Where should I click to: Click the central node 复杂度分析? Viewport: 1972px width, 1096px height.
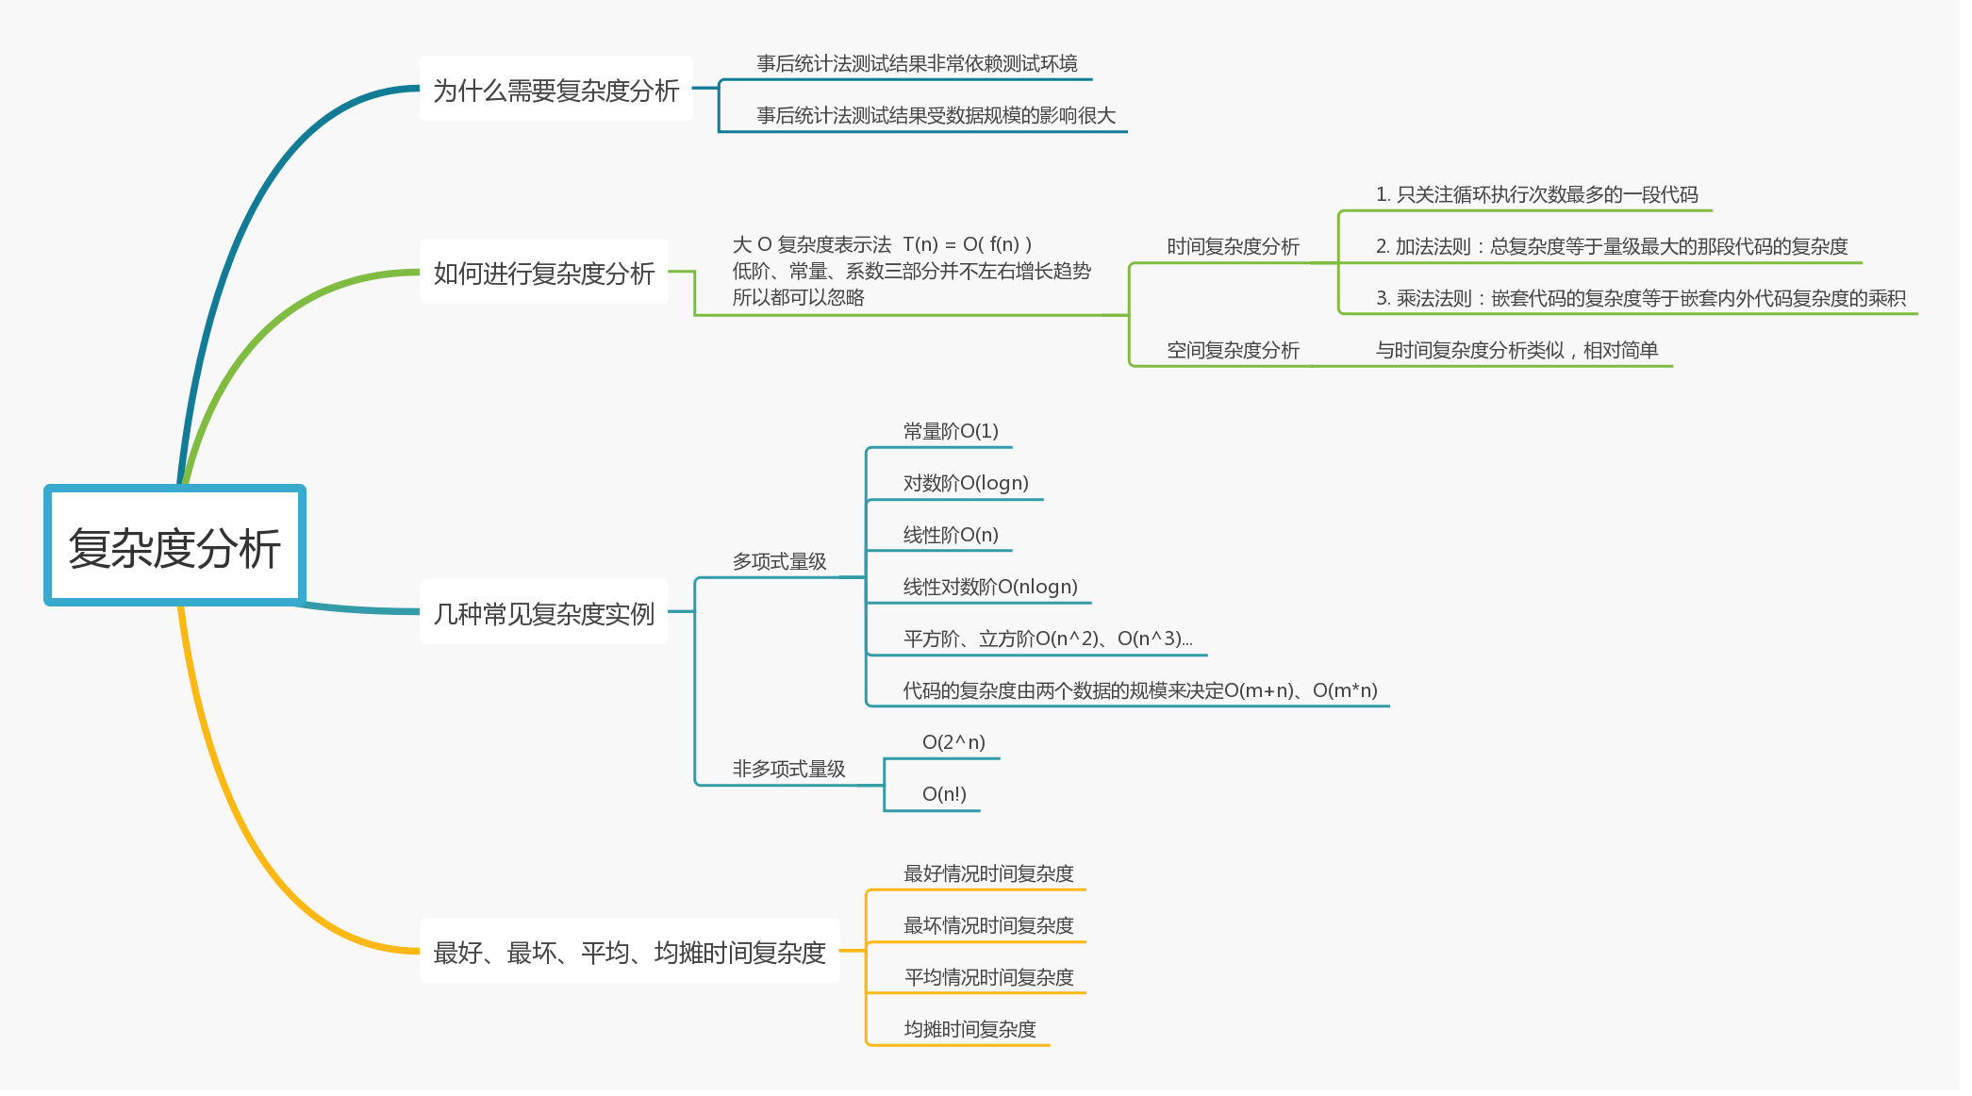pos(175,547)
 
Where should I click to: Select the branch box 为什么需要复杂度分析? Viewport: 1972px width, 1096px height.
pos(555,90)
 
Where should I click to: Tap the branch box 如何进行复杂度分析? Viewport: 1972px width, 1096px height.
pos(543,273)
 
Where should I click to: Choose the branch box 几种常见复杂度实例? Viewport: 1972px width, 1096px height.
pos(543,613)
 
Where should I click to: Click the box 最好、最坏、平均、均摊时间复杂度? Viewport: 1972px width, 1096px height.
pos(629,952)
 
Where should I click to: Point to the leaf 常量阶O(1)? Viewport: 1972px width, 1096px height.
pos(950,431)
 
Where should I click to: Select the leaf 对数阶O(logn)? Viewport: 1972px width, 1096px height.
pos(965,483)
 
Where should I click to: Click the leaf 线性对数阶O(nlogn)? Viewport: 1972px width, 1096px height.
pos(989,587)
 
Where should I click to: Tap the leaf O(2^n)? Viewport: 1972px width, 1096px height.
pos(953,742)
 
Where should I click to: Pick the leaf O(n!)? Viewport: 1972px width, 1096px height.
pos(943,794)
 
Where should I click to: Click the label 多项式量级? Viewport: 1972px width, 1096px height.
pos(779,561)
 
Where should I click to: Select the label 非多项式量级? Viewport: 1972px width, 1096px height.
pos(788,769)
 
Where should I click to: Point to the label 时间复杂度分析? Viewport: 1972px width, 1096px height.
pos(1233,246)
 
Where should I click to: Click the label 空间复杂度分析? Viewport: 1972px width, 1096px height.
pos(1233,350)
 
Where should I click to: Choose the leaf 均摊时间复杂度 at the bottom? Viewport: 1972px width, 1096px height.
pos(969,1029)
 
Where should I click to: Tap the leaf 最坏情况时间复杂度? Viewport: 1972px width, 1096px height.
pos(988,925)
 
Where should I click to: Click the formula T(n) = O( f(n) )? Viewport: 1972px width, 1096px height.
pos(967,244)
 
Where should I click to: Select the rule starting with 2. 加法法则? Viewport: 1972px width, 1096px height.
pos(1611,246)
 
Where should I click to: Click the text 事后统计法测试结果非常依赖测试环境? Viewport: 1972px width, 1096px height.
pos(917,63)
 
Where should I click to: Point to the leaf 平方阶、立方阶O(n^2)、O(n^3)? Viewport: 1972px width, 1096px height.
pos(1047,639)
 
